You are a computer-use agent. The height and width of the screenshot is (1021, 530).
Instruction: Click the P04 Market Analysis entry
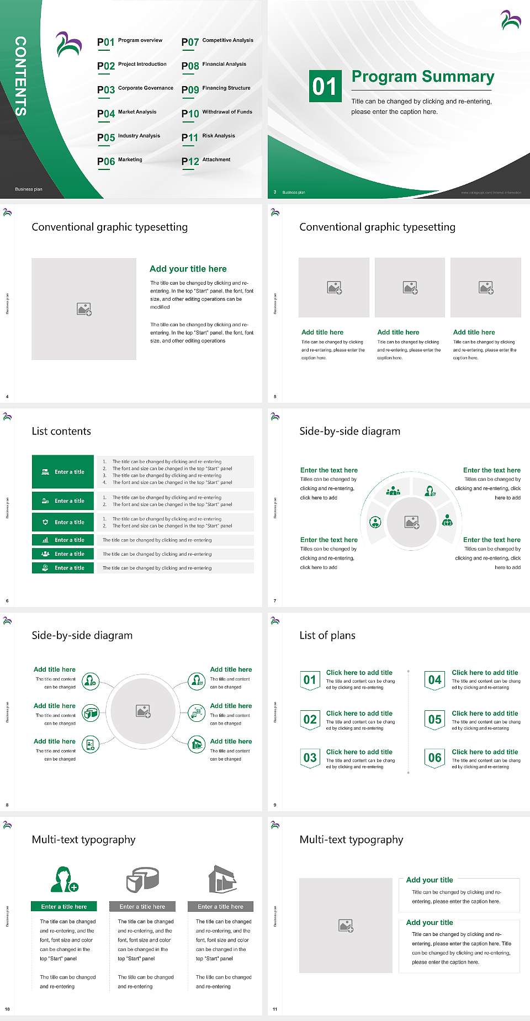[x=127, y=113]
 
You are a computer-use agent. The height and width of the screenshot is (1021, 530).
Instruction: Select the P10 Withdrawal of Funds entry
[x=217, y=113]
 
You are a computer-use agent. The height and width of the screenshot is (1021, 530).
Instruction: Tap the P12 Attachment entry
[x=206, y=161]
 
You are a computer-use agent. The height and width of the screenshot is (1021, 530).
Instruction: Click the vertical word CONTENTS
[x=20, y=76]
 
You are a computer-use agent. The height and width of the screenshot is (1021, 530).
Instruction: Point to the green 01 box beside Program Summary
[x=325, y=86]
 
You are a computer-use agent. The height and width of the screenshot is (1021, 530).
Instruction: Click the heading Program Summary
[x=422, y=77]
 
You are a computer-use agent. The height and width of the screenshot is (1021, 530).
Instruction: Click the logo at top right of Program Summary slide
[x=511, y=20]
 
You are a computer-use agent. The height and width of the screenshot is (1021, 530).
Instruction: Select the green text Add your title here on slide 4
[x=188, y=269]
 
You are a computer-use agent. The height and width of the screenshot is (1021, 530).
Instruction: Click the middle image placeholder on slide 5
[x=410, y=288]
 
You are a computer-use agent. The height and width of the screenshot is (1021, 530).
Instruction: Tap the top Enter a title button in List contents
[x=63, y=472]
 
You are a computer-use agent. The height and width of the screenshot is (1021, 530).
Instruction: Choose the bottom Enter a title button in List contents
[x=63, y=568]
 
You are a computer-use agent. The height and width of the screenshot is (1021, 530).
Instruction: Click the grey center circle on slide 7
[x=412, y=522]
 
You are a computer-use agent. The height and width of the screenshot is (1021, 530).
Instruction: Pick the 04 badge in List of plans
[x=435, y=680]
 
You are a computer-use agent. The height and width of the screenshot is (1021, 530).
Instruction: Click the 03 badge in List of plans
[x=310, y=758]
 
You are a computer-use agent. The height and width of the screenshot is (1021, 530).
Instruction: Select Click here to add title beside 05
[x=485, y=713]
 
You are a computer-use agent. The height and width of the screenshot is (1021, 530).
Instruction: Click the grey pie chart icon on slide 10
[x=142, y=879]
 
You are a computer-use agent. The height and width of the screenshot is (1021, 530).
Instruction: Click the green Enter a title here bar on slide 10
[x=64, y=907]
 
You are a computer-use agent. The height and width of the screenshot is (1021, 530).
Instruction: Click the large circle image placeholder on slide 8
[x=144, y=711]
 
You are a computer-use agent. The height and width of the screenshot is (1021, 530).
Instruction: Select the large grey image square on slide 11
[x=346, y=926]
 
